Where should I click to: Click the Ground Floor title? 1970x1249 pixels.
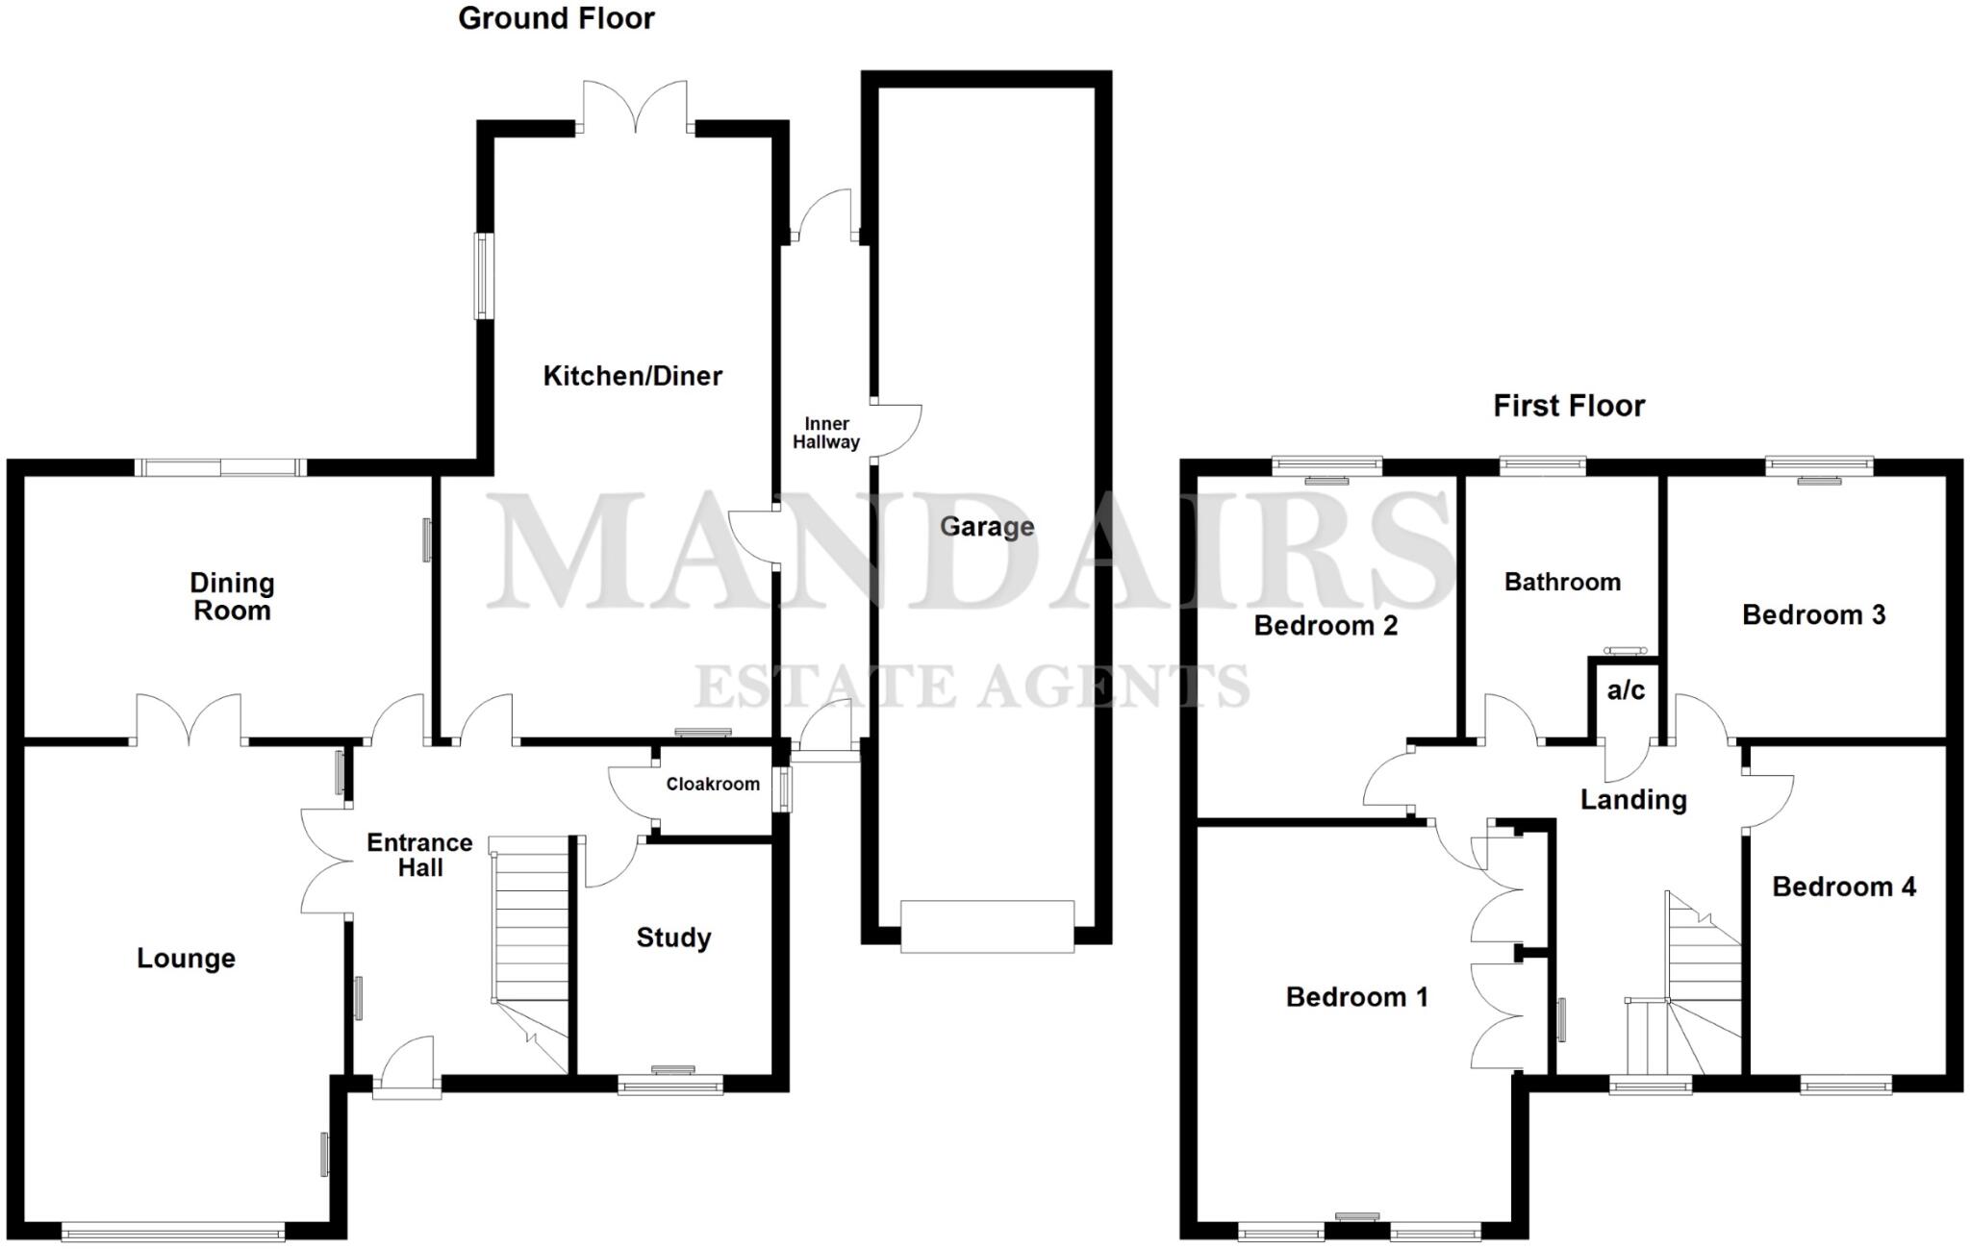(556, 18)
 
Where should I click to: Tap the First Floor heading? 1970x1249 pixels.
(1569, 406)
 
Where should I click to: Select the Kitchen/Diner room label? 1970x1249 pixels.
(632, 376)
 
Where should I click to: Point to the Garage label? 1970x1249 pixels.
(987, 527)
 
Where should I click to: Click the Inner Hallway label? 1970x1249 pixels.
(826, 433)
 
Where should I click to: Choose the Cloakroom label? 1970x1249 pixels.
(713, 785)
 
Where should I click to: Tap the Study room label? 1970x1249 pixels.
(673, 937)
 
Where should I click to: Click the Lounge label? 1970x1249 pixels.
(186, 958)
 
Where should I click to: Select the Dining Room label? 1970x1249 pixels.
(232, 596)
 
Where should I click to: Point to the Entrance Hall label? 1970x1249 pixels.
(419, 855)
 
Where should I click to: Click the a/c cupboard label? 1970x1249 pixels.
(1626, 689)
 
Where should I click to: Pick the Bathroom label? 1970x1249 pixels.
(1562, 582)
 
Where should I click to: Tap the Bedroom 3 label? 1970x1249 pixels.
(1813, 614)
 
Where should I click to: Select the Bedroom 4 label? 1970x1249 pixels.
(1843, 887)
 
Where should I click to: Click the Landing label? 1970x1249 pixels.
(1633, 800)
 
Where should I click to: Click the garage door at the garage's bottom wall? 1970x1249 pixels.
(987, 926)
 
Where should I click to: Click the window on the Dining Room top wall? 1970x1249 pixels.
(220, 467)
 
